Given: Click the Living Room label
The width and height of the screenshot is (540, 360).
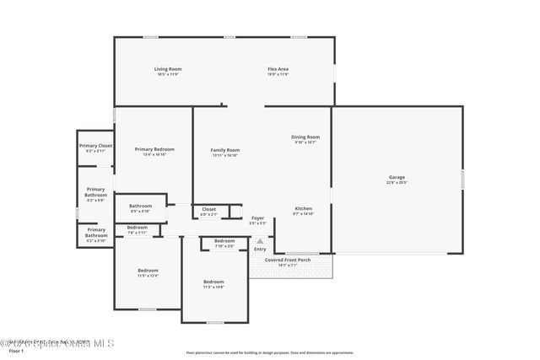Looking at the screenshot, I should (167, 68).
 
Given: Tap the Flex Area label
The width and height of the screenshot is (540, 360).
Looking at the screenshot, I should (278, 68).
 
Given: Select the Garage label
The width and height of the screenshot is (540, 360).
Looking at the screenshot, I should (397, 177).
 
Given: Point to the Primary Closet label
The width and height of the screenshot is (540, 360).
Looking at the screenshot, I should (95, 146).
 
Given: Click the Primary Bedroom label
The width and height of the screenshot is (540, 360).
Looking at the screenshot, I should (154, 149).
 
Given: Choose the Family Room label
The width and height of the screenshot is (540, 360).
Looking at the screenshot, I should (225, 150).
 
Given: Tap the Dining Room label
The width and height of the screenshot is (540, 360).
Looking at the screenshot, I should (305, 137).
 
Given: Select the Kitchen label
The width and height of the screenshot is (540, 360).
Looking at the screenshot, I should (304, 208).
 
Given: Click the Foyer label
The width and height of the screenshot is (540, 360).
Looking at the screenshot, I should (258, 218).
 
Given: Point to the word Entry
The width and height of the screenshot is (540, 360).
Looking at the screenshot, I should (260, 249).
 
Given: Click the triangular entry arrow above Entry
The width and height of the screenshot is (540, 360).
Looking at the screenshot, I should (260, 240).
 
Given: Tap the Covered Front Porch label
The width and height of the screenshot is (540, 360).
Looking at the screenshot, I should (288, 260).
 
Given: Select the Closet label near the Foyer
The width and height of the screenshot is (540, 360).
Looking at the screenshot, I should (208, 209).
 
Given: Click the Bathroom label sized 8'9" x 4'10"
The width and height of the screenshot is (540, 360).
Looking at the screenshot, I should (140, 206).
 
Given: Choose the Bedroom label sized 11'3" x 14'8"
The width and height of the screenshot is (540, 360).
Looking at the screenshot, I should (213, 282).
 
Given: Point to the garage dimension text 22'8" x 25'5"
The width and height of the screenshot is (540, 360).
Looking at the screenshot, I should (397, 182).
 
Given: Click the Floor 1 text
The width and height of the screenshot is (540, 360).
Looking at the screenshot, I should (10, 352).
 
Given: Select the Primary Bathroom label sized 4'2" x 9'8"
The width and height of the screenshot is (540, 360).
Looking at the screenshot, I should (95, 192).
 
